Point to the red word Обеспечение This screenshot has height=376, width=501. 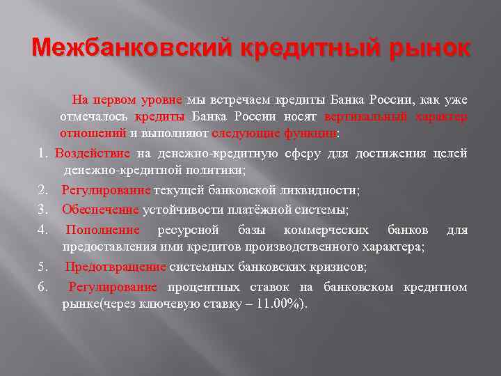tap(100, 210)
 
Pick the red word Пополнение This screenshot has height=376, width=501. tap(102, 230)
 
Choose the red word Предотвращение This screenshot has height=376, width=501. tap(116, 267)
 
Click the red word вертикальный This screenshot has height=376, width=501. tap(368, 116)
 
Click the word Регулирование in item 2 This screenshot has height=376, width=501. tap(106, 190)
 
